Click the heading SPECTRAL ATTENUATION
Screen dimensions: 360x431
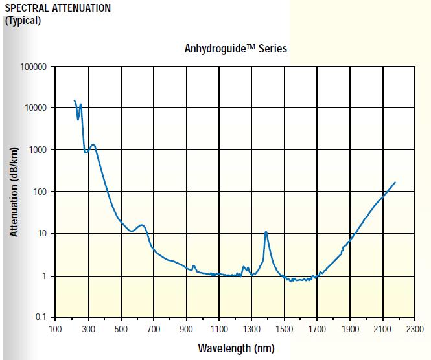coord(58,8)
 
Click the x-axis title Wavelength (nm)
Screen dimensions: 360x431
coord(236,348)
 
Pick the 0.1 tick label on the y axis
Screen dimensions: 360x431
coord(42,318)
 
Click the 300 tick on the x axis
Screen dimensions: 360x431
coord(88,328)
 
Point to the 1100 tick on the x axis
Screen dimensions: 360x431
coord(219,328)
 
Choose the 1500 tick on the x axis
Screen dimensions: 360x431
coord(285,328)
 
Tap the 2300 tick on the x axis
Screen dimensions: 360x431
coord(415,328)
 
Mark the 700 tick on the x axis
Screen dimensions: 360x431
coord(154,328)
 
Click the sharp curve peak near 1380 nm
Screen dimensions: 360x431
coord(266,232)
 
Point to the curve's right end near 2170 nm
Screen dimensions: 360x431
coord(395,183)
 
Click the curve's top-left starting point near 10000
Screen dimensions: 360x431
coord(75,100)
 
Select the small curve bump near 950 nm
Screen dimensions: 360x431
coord(194,265)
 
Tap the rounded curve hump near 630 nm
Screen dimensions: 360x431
coord(142,225)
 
